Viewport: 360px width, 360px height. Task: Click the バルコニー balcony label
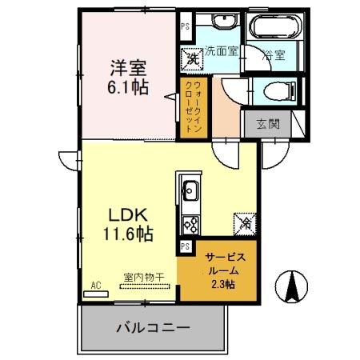point(152,327)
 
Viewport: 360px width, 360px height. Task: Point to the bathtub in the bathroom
point(274,28)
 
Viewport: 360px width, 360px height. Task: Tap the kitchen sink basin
point(191,190)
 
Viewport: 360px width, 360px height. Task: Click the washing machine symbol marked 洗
point(193,58)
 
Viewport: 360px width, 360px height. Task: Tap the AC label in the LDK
point(95,285)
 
